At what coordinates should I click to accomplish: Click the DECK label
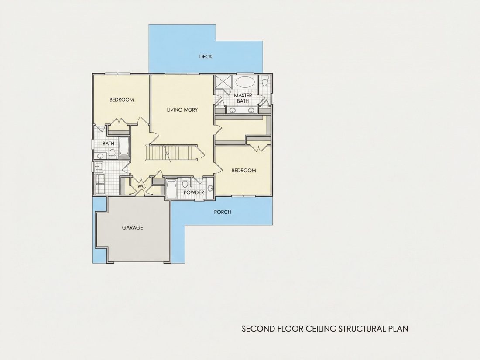point(206,57)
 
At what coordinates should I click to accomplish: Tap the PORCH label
point(223,212)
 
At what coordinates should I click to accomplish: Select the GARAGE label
point(133,227)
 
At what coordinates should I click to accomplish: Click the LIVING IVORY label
point(182,110)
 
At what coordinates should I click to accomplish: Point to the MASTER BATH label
point(243,98)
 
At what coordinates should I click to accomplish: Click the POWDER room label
point(194,192)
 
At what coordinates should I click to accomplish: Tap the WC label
point(141,186)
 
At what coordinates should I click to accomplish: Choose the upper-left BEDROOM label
point(122,99)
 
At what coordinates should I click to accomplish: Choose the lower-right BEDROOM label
point(244,171)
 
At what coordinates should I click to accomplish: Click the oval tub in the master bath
point(245,82)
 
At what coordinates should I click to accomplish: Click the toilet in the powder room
point(185,184)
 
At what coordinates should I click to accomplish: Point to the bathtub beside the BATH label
point(124,147)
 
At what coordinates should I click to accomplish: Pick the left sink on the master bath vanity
point(233,110)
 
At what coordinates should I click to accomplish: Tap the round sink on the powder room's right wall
point(210,188)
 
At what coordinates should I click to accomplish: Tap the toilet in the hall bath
point(112,154)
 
